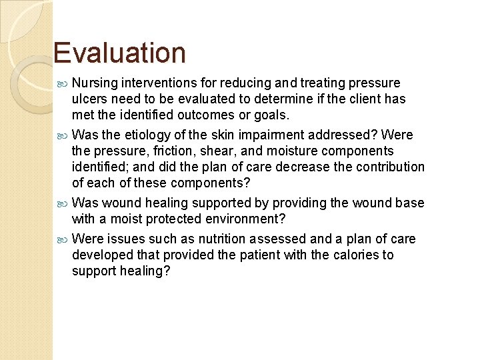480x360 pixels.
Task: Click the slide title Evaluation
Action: click(119, 53)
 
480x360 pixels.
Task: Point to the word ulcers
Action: click(90, 99)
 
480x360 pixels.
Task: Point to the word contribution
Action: click(385, 167)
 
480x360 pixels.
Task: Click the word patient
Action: click(251, 255)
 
